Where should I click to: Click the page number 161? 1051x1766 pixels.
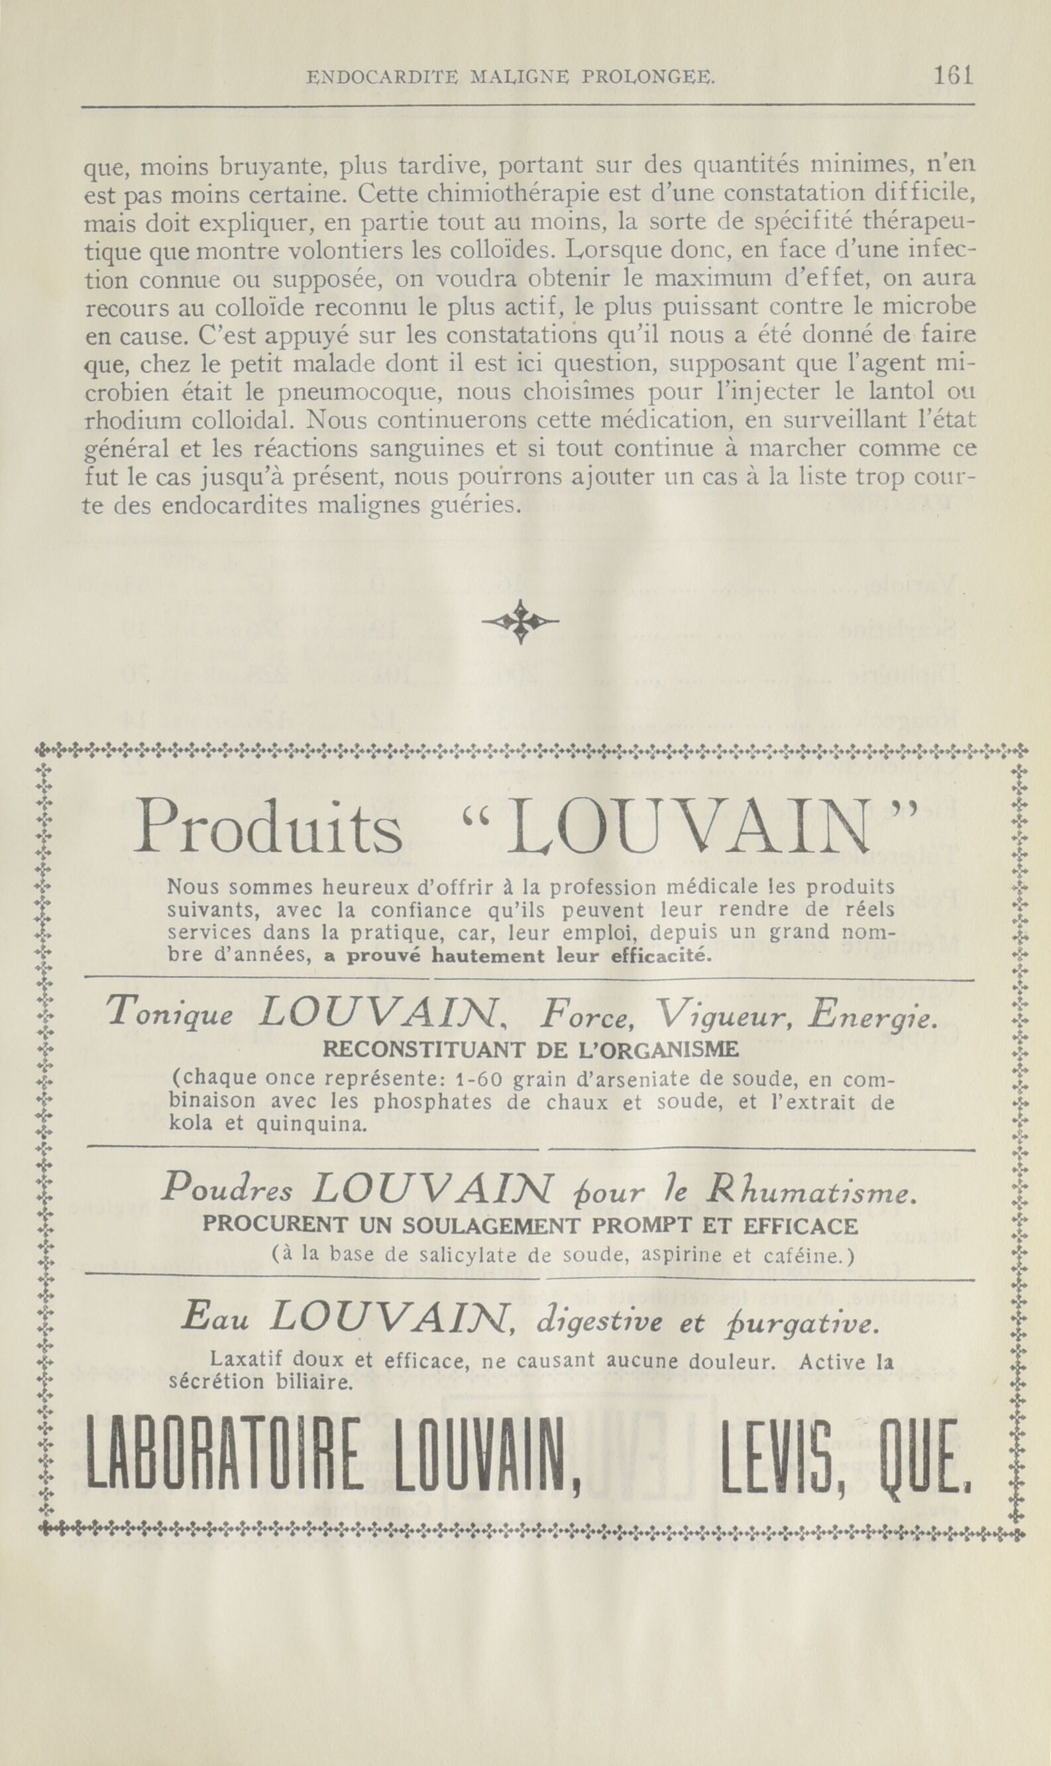coord(954,75)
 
